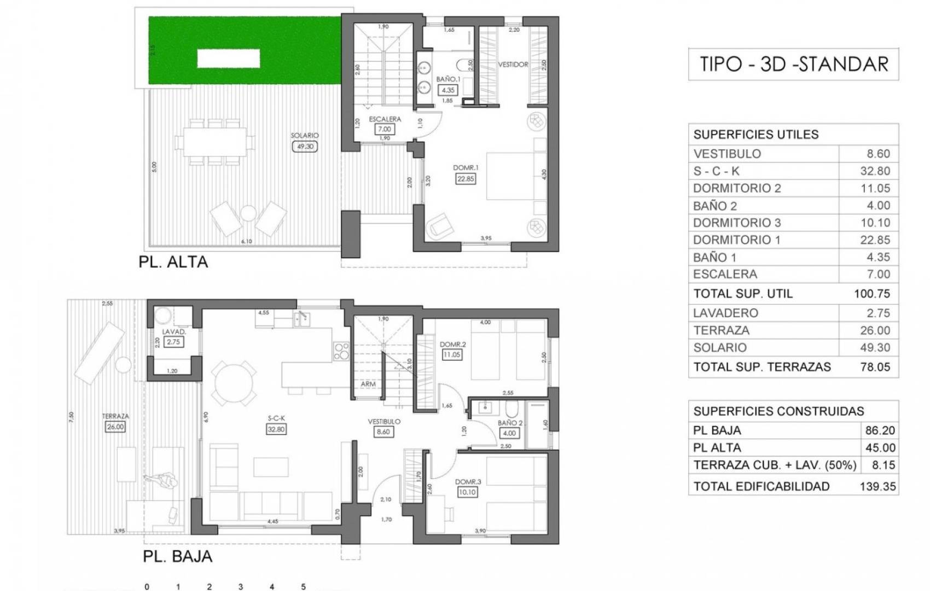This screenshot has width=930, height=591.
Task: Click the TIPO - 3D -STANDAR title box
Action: [x=793, y=65]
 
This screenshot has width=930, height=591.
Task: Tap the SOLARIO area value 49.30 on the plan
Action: [x=305, y=147]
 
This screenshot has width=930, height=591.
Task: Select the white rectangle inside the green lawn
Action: [x=228, y=58]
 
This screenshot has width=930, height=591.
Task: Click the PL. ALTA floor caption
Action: [x=173, y=262]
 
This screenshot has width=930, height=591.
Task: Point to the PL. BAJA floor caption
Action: [x=177, y=557]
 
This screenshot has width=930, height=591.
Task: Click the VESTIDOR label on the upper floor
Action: [x=513, y=65]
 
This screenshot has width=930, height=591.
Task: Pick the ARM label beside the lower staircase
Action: [x=368, y=384]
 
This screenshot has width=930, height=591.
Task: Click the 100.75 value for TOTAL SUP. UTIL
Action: [x=872, y=294]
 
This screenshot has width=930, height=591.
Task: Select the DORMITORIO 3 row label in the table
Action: [x=737, y=223]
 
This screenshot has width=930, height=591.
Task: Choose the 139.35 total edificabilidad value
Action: [x=877, y=486]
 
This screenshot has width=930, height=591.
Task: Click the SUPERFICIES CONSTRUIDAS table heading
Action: [x=778, y=412]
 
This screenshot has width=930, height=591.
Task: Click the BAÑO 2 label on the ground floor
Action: [x=510, y=423]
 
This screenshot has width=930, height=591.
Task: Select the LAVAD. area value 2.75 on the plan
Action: [x=174, y=342]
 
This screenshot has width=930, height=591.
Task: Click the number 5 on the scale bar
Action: [x=303, y=587]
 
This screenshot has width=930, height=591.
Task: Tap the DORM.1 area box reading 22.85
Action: [x=465, y=178]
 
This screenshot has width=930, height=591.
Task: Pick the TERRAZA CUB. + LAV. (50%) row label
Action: [x=775, y=466]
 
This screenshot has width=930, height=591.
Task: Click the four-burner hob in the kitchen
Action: [x=341, y=351]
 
